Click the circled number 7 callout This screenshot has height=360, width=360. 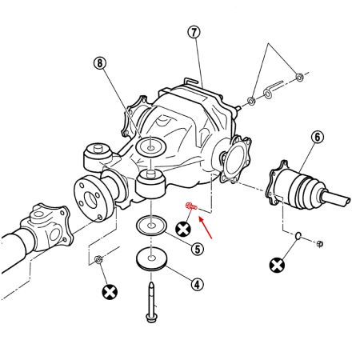193,33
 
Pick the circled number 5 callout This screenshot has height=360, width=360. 196,249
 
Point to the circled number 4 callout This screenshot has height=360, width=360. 198,284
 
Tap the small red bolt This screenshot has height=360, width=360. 190,208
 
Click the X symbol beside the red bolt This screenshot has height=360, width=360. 183,230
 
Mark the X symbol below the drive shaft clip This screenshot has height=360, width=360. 278,265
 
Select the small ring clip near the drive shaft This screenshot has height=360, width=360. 295,236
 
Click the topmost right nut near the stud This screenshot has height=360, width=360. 300,77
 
